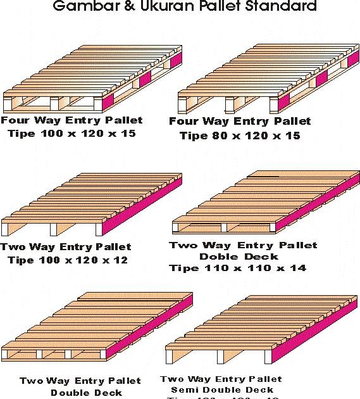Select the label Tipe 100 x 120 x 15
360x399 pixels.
pos(71,134)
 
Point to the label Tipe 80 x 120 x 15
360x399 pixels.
pos(240,136)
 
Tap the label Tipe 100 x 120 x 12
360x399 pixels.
pos(68,260)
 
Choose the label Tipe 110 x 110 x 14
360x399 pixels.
pos(237,268)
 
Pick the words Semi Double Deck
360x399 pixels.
pos(222,389)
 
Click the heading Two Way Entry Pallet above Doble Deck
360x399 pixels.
pos(243,245)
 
